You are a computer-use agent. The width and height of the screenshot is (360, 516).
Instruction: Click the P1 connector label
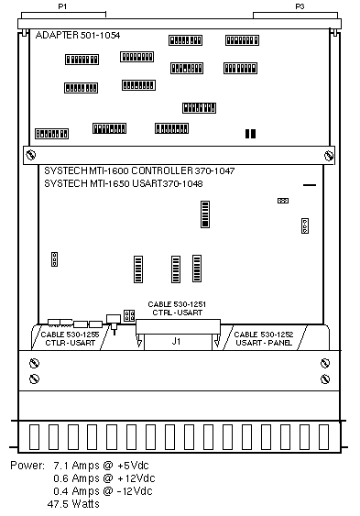(62, 6)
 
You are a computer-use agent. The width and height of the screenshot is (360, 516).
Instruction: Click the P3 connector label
(300, 6)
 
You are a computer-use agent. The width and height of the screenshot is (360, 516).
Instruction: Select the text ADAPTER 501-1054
(78, 35)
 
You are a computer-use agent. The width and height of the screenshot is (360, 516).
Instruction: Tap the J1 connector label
(176, 341)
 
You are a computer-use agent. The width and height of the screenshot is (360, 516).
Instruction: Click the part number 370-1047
(214, 170)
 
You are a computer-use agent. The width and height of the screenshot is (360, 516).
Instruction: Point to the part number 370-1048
(183, 183)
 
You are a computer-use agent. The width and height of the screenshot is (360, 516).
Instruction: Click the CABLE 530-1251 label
(177, 304)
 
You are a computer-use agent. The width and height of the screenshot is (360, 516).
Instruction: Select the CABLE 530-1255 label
(70, 335)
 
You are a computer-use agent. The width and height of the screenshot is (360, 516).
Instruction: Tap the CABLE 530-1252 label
(264, 335)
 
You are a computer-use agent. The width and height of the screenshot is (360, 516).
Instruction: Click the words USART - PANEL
(264, 343)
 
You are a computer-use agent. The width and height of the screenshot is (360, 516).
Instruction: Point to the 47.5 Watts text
(73, 504)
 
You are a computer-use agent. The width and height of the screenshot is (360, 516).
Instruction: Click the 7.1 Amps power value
(76, 466)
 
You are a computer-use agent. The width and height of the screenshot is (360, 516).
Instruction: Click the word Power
(27, 466)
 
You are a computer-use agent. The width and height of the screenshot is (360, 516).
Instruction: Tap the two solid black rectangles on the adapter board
(250, 134)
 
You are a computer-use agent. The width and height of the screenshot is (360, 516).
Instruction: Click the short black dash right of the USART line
(310, 185)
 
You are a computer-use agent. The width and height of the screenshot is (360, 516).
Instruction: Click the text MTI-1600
(109, 170)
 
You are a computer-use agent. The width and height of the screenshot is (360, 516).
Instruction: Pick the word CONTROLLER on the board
(162, 170)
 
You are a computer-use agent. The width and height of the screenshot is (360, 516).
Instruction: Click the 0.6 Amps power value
(76, 478)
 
